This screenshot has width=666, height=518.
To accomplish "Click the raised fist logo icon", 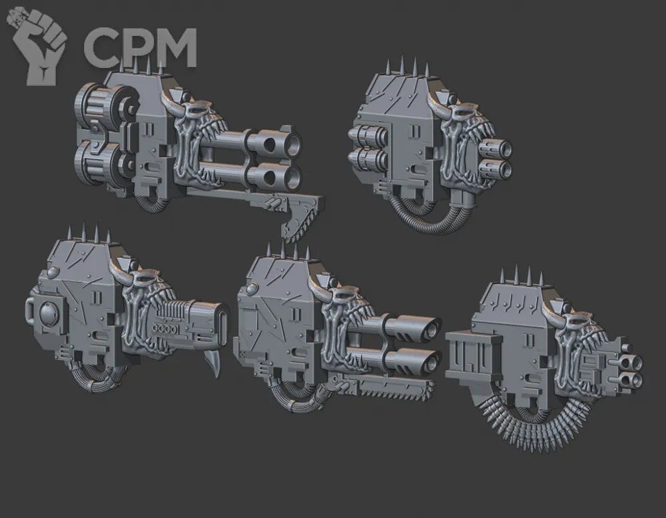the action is pos(37,45).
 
